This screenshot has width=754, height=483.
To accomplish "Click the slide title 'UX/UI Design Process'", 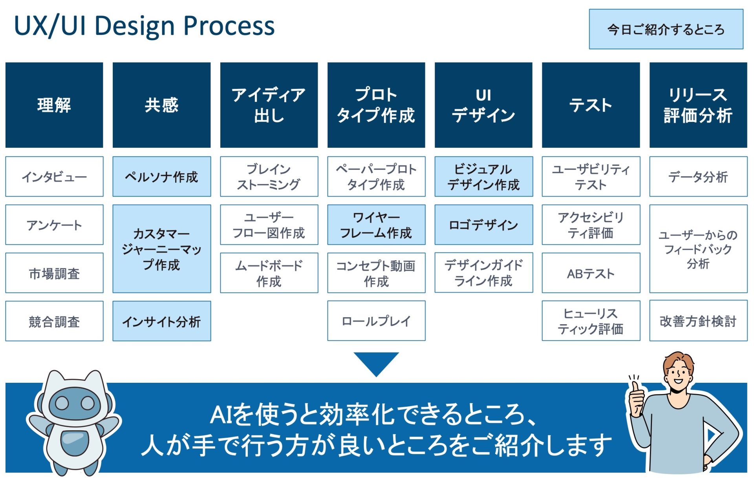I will pyautogui.click(x=144, y=26).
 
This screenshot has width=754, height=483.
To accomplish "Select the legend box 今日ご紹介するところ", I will pyautogui.click(x=666, y=29).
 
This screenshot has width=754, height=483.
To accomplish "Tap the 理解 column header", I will pyautogui.click(x=54, y=105).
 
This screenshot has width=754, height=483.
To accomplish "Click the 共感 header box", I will pyautogui.click(x=161, y=105).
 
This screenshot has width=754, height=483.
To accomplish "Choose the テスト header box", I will pyautogui.click(x=591, y=105).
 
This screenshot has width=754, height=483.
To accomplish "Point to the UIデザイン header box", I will pyautogui.click(x=483, y=105).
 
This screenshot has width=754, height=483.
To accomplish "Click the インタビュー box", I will pyautogui.click(x=54, y=176).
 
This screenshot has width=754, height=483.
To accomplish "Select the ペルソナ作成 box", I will pyautogui.click(x=161, y=176).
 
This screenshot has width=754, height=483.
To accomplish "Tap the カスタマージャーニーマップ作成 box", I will pyautogui.click(x=161, y=249).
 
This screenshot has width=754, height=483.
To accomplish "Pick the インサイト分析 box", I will pyautogui.click(x=161, y=321).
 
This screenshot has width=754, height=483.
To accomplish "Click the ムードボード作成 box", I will pyautogui.click(x=269, y=273).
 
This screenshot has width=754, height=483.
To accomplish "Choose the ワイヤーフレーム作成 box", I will pyautogui.click(x=376, y=225).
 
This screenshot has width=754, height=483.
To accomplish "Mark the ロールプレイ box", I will pyautogui.click(x=376, y=321).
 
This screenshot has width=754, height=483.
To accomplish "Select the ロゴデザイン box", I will pyautogui.click(x=483, y=225).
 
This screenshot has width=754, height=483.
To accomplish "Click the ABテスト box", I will pyautogui.click(x=591, y=273).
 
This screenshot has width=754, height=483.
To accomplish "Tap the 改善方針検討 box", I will pyautogui.click(x=698, y=321).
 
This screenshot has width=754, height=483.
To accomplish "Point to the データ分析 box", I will pyautogui.click(x=698, y=176).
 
